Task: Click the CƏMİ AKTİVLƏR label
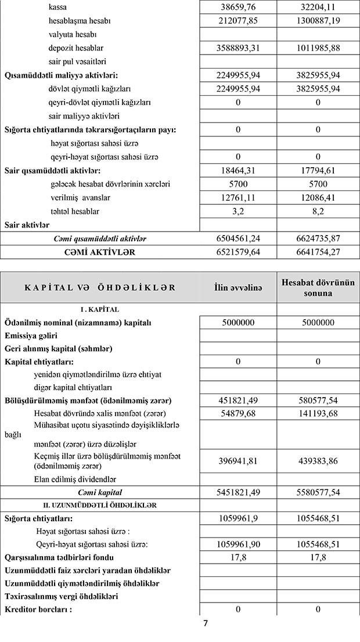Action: coord(100,253)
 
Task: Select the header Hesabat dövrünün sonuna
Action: coord(317,288)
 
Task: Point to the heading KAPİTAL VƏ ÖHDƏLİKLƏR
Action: coord(100,288)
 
